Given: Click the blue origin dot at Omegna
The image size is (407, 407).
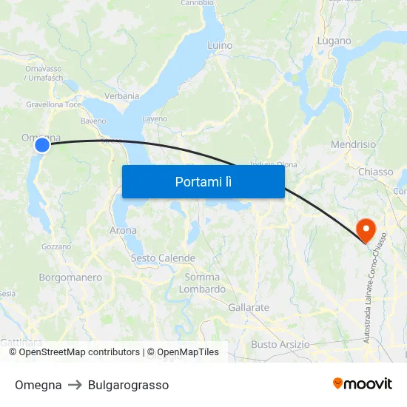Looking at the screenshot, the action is tap(42, 145).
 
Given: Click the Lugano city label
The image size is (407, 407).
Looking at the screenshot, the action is tap(334, 41).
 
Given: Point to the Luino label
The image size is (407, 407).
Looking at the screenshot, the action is tap(220, 46).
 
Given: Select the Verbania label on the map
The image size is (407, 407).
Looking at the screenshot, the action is tap(122, 96).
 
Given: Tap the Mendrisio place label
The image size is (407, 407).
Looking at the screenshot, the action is tap(353, 144).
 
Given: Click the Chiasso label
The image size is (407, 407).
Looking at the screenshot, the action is tap(375, 172).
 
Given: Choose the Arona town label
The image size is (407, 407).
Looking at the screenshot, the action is tap(123, 230).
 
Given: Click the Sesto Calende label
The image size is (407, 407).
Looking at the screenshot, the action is tap(163, 258).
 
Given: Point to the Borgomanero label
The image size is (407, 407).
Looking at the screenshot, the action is tap(70, 277).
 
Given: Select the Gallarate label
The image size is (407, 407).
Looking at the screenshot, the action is tap(249, 306).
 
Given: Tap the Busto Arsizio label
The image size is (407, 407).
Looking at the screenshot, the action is tap(280, 344).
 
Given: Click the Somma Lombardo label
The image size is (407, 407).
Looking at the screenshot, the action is tap(202, 283).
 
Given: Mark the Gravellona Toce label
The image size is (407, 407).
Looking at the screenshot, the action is tap(53, 105).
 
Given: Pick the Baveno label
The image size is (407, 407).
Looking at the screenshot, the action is tap(93, 121).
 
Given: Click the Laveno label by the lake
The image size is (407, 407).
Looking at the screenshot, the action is tap(155, 118).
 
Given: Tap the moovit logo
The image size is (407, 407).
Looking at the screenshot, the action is tap(363, 383).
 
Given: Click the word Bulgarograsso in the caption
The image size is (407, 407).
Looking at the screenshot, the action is tap(128, 385).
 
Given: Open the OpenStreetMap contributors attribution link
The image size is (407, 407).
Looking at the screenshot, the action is tap(79, 352).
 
